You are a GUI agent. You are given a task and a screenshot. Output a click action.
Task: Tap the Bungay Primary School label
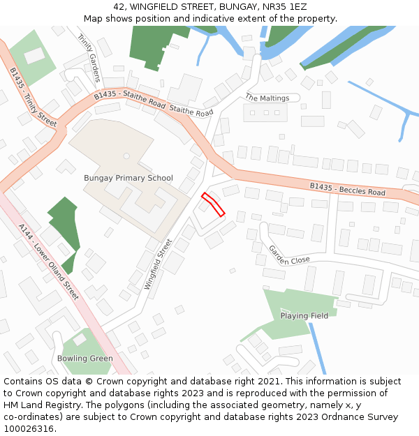tap(128, 178)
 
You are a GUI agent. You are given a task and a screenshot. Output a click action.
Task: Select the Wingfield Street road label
tap(158, 264)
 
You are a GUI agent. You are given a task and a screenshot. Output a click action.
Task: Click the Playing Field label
tap(304, 316)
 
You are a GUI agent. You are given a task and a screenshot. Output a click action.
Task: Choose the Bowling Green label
tap(84, 359)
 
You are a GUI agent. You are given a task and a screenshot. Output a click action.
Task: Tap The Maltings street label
tap(267, 98)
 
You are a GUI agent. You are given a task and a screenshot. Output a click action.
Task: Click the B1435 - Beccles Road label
tap(348, 188)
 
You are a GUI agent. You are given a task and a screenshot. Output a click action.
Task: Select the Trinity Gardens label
tap(89, 58)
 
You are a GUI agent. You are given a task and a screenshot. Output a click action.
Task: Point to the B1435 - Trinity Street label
tap(33, 96)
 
